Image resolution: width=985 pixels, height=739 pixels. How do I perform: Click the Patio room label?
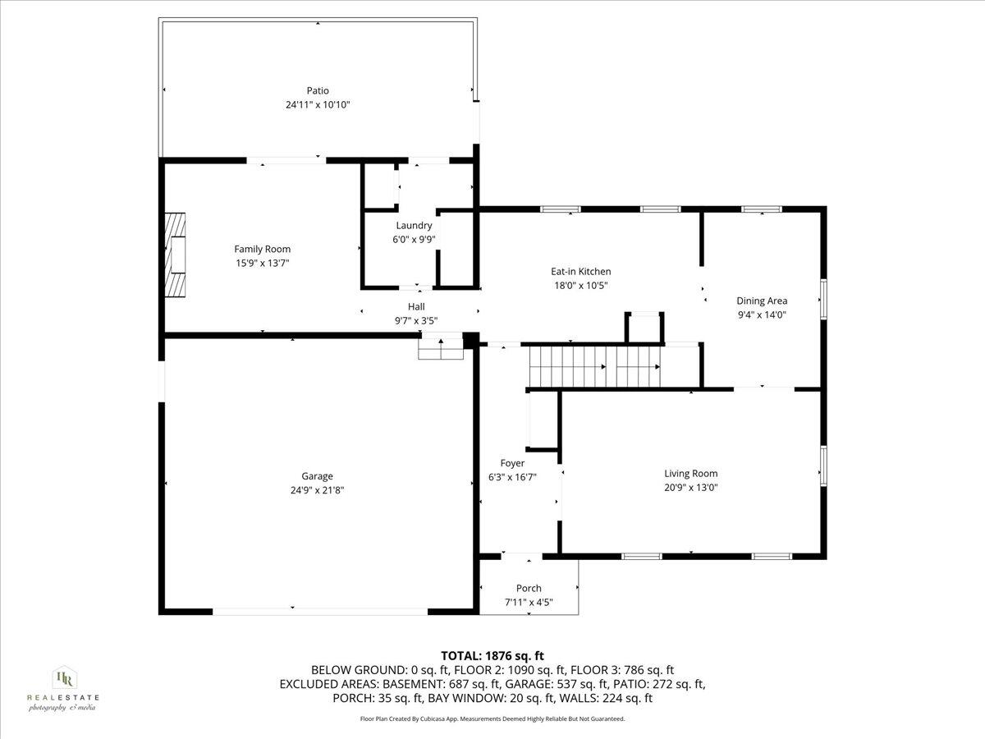[318, 90]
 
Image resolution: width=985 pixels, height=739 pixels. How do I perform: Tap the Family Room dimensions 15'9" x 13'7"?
[262, 263]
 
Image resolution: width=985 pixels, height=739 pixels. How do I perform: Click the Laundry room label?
[414, 226]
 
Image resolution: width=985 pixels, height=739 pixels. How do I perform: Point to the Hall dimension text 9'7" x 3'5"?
[417, 320]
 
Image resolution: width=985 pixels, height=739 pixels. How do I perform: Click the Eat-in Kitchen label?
[580, 272]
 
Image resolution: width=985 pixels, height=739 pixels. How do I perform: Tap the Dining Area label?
[761, 301]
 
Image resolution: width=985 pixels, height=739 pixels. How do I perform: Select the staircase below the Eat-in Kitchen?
[594, 366]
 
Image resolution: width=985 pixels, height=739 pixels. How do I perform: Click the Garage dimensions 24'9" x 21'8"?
[317, 489]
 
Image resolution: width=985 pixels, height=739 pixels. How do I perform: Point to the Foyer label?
[512, 463]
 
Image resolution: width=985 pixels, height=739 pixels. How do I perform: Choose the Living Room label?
[690, 473]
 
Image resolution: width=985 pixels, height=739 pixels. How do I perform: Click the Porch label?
[529, 588]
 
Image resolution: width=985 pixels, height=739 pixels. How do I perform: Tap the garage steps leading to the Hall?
[442, 350]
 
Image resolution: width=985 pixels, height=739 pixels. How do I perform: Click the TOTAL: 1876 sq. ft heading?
[492, 655]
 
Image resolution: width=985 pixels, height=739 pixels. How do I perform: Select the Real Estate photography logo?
[62, 688]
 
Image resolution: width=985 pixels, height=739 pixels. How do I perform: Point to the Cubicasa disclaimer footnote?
[492, 718]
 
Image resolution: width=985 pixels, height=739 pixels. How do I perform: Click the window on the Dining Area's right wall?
[823, 300]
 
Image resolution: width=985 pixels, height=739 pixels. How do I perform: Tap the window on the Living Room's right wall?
[823, 466]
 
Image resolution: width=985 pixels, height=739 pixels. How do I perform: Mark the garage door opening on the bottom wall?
[320, 611]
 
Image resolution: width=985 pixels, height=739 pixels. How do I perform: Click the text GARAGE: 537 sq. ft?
[582, 684]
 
